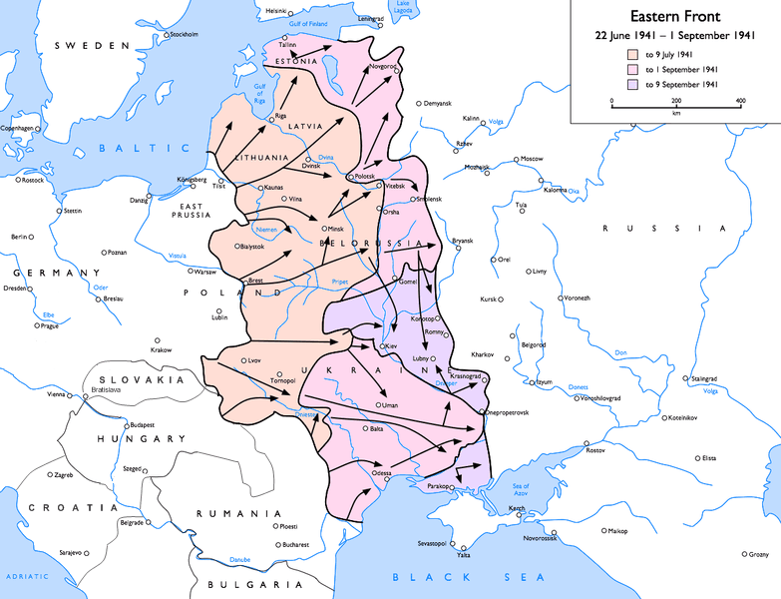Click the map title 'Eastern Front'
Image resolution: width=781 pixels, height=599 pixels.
click(x=675, y=17)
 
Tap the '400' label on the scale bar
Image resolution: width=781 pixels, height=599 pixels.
click(x=740, y=102)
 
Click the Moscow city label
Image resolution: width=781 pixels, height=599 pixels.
click(x=532, y=159)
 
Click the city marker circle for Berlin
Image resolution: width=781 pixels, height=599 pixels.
click(x=30, y=237)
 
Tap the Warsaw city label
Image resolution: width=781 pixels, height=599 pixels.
click(x=204, y=272)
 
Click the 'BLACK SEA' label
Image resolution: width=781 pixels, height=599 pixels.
click(x=468, y=577)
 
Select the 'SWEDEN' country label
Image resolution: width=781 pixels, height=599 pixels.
click(x=92, y=46)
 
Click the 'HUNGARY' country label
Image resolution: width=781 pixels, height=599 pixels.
click(x=141, y=438)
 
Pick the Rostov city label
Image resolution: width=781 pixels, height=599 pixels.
click(x=595, y=450)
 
